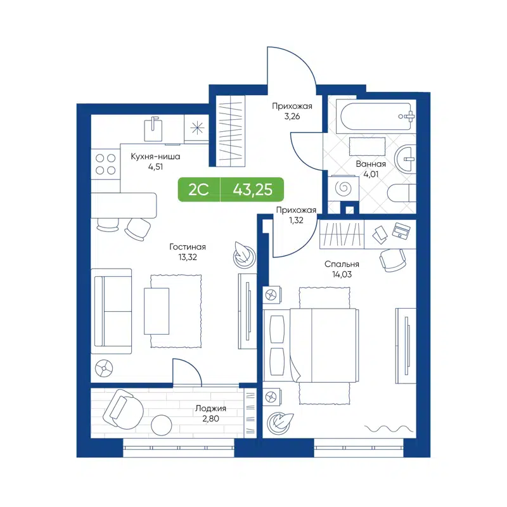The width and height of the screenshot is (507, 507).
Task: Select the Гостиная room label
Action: pos(187,247)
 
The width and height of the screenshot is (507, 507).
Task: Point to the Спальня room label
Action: pos(342,264)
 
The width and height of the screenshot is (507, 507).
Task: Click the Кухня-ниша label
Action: pos(155,157)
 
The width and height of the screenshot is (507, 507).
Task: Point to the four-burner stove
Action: pos(105,164)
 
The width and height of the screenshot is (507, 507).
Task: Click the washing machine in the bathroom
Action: pos(346,188)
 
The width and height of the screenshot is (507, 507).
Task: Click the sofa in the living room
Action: pos(112,311)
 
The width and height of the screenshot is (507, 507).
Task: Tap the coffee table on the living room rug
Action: pos(157,311)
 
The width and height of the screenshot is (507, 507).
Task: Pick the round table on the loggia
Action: pos(161,423)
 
